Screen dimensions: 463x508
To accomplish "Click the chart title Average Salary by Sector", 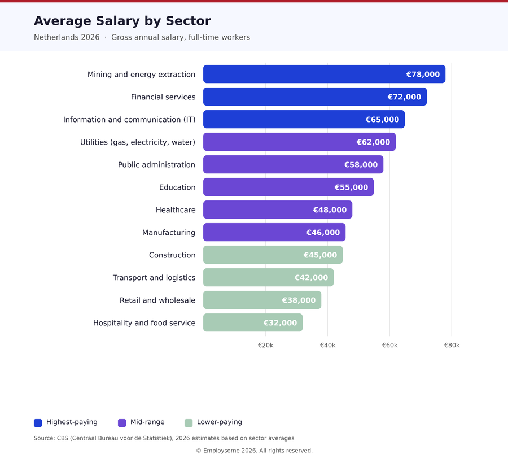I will point(122,21).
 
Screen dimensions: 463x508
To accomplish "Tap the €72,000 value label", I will point(404,97).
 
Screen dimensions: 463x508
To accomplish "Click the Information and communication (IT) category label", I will point(129,120).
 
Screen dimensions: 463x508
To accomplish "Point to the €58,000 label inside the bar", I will point(361,165).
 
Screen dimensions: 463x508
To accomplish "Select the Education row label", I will point(177,187).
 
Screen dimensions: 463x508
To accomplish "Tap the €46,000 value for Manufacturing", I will point(323,233).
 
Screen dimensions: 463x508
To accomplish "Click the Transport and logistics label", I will point(154,278).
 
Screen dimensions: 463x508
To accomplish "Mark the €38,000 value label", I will point(299,300).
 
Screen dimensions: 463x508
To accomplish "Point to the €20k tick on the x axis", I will point(265,345).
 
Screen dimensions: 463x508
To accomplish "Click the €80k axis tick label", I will point(452,345).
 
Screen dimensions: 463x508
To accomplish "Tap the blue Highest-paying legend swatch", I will point(38,423).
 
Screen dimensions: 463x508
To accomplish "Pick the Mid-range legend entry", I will point(147,422).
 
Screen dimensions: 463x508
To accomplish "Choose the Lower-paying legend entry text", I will point(219,422).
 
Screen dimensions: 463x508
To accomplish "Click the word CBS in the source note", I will point(62,438).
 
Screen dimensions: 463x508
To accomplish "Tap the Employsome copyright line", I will point(254,451).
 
